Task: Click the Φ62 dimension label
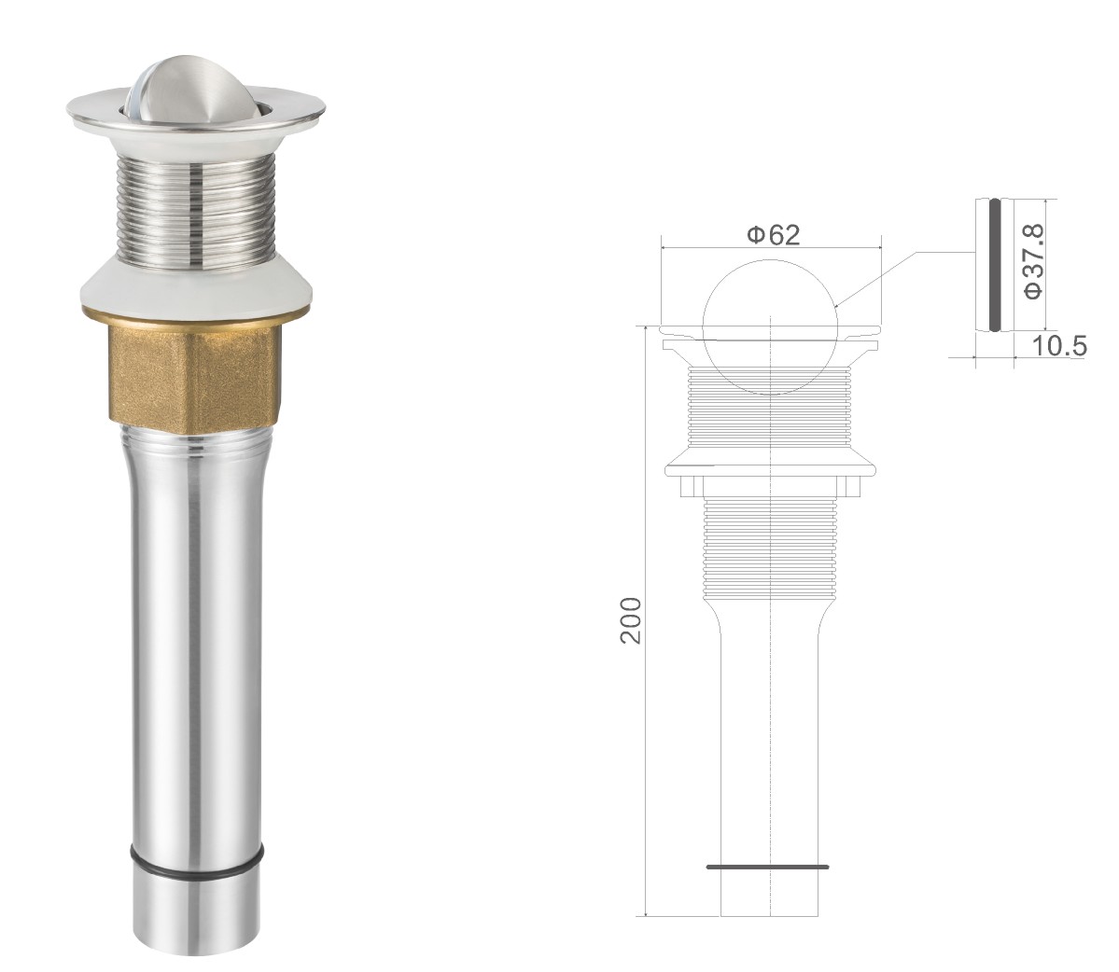pyautogui.click(x=774, y=234)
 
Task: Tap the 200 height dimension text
pyautogui.click(x=632, y=621)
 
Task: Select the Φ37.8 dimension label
pyautogui.click(x=1032, y=262)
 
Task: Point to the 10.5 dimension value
pyautogui.click(x=1059, y=346)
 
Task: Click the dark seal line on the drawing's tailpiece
pyautogui.click(x=768, y=868)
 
